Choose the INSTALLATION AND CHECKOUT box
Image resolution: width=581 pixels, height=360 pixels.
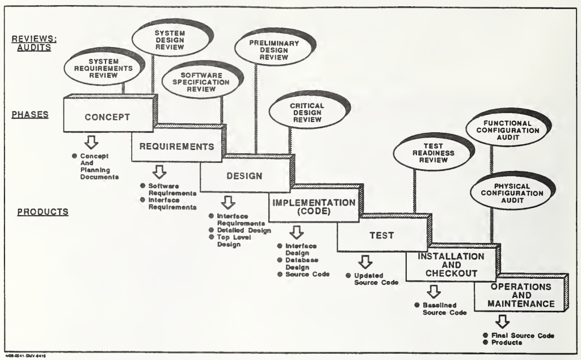tap(451, 264)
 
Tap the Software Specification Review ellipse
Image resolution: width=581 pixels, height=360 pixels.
tap(201, 82)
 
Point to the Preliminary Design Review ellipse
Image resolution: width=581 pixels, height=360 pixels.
tap(273, 49)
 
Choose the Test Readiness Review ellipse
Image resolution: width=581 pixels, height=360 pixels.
tap(433, 153)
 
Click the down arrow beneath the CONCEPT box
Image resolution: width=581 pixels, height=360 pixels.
tap(91, 142)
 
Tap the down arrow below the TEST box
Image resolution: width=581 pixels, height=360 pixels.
tap(365, 262)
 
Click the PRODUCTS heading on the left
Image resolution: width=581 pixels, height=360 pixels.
tap(43, 212)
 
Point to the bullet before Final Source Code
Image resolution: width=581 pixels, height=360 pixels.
tap(486, 335)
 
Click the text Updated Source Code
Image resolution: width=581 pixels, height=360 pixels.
tap(376, 279)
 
